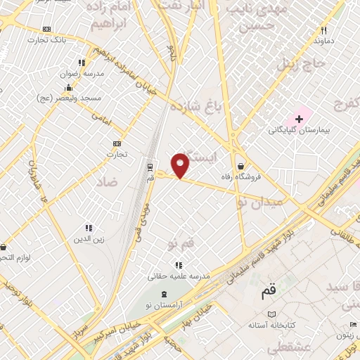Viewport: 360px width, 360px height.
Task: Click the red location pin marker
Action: [181, 165]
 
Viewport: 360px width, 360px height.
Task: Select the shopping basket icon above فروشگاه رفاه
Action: [241, 166]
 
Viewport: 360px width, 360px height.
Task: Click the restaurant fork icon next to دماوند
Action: [323, 30]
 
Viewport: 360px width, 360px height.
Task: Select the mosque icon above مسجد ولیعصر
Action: [68, 88]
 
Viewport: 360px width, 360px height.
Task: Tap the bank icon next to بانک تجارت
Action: [47, 29]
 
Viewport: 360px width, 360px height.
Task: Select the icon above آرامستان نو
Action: [165, 294]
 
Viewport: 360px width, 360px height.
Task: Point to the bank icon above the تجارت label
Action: [117, 143]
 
